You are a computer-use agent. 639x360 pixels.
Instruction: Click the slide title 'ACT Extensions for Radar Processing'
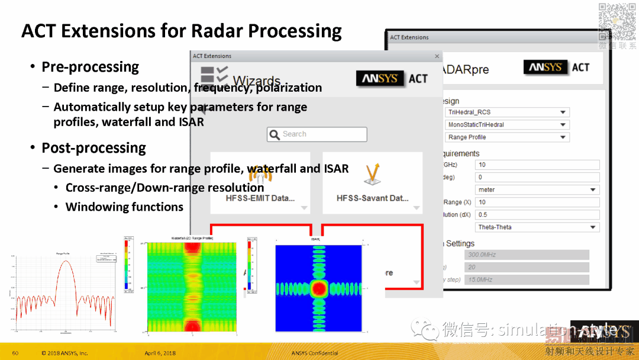coord(181,31)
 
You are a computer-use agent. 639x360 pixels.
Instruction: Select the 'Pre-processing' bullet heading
coord(90,67)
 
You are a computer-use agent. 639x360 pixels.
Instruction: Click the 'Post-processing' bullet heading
coord(93,147)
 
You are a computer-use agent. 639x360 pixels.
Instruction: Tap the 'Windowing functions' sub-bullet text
coord(124,207)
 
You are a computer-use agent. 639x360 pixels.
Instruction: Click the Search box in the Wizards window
coord(317,134)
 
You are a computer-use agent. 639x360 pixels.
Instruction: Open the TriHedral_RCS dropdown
coord(506,112)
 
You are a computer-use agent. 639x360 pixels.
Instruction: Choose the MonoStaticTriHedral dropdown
coord(506,124)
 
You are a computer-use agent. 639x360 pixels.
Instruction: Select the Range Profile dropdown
coord(506,137)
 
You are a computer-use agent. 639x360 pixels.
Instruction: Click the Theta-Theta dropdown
coord(537,227)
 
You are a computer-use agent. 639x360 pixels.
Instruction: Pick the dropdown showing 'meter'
coord(537,189)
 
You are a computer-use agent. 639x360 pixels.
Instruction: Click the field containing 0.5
coord(537,214)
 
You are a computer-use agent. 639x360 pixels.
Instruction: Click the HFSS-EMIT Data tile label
coord(260,198)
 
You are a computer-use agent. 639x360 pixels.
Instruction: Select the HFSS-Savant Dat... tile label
coord(372,198)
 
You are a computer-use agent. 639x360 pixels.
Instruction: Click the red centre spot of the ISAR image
coord(319,288)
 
